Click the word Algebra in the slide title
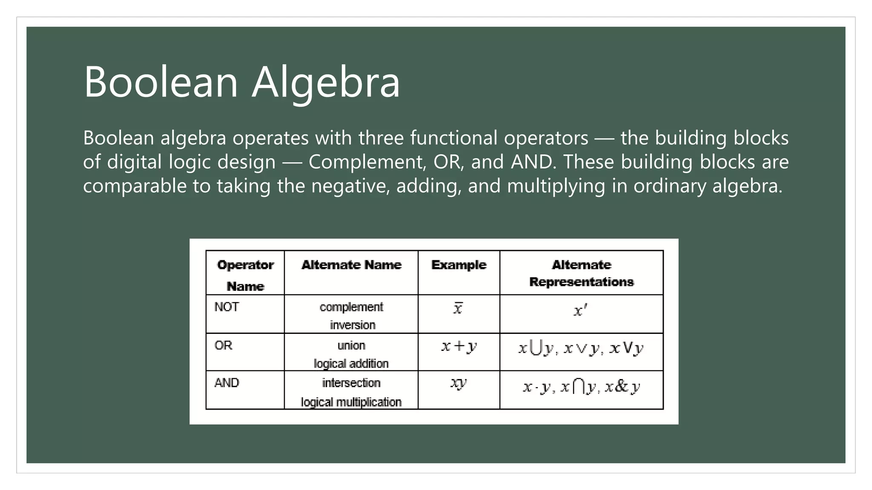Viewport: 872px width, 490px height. (326, 82)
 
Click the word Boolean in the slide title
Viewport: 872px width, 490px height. (161, 82)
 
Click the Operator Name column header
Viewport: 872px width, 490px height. (245, 275)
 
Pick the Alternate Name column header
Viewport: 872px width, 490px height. (351, 265)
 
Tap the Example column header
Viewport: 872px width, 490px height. (459, 265)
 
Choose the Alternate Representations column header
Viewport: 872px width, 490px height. (581, 273)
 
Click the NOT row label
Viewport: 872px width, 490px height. (227, 307)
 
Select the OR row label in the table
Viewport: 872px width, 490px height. (224, 345)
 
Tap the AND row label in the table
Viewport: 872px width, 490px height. (227, 383)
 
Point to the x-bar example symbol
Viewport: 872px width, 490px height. (458, 308)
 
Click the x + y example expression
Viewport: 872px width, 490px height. (459, 346)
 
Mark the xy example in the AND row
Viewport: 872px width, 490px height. (459, 383)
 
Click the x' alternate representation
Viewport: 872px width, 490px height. (580, 311)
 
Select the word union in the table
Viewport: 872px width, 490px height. (351, 345)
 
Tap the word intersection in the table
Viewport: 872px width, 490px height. (351, 383)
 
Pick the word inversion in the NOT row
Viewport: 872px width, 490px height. (353, 325)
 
